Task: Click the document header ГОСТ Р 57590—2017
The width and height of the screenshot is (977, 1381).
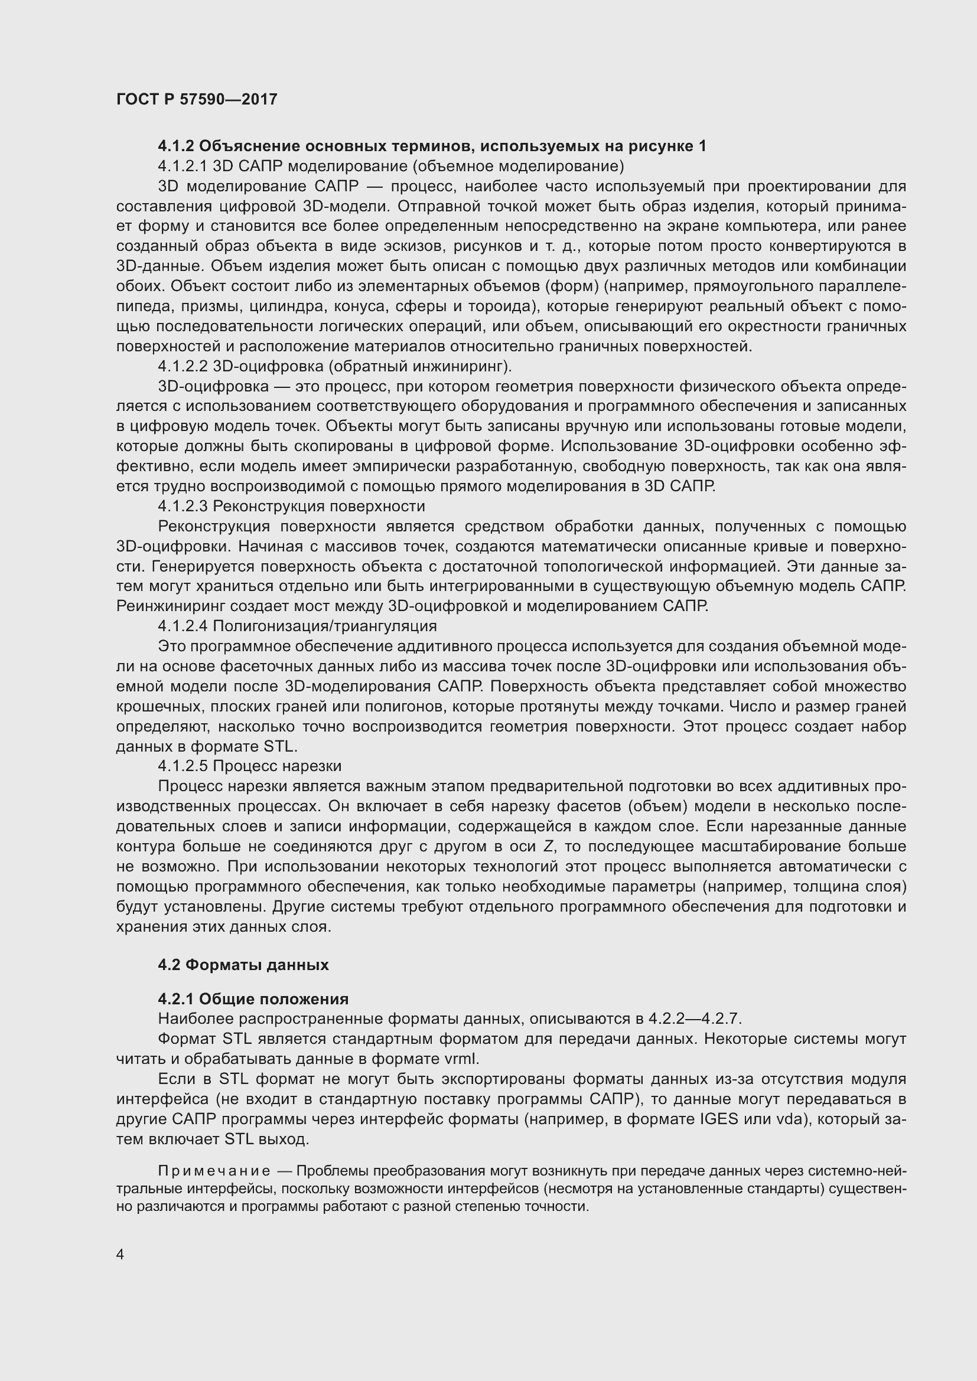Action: [197, 99]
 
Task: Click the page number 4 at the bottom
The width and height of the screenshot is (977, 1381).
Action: [121, 1254]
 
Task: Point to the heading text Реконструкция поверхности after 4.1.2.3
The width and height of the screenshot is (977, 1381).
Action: [319, 507]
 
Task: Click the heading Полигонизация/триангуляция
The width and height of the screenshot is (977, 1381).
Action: [325, 626]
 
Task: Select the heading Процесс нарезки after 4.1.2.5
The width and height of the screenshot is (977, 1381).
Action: [278, 766]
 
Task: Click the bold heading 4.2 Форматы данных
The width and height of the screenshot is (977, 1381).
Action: [243, 965]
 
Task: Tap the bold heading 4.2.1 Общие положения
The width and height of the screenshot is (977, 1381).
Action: [253, 999]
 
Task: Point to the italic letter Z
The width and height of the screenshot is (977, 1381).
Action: [548, 847]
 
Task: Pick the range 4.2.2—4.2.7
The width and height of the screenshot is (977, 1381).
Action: [695, 1020]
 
